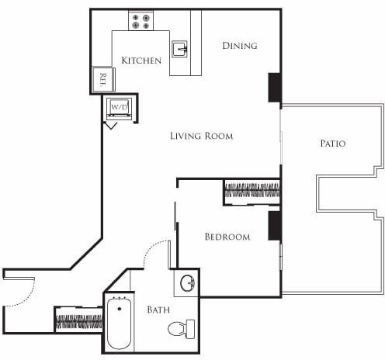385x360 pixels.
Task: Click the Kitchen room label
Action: point(141,61)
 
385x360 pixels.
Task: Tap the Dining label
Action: point(239,46)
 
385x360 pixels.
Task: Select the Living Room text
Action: point(201,136)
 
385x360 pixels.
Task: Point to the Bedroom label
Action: point(227,237)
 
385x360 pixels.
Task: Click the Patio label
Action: point(332,144)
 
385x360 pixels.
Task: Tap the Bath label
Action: point(158,310)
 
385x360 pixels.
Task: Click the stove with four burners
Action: point(140,22)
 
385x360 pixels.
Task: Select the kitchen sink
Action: point(179,49)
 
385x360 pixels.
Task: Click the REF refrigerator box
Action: point(102,78)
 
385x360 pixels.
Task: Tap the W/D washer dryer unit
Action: point(119,106)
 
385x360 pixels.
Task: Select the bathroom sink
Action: point(186,282)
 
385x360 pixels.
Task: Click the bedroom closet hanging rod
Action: point(251,192)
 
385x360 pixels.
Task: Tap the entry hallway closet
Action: point(78,319)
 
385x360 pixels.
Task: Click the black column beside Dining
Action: point(274,87)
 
